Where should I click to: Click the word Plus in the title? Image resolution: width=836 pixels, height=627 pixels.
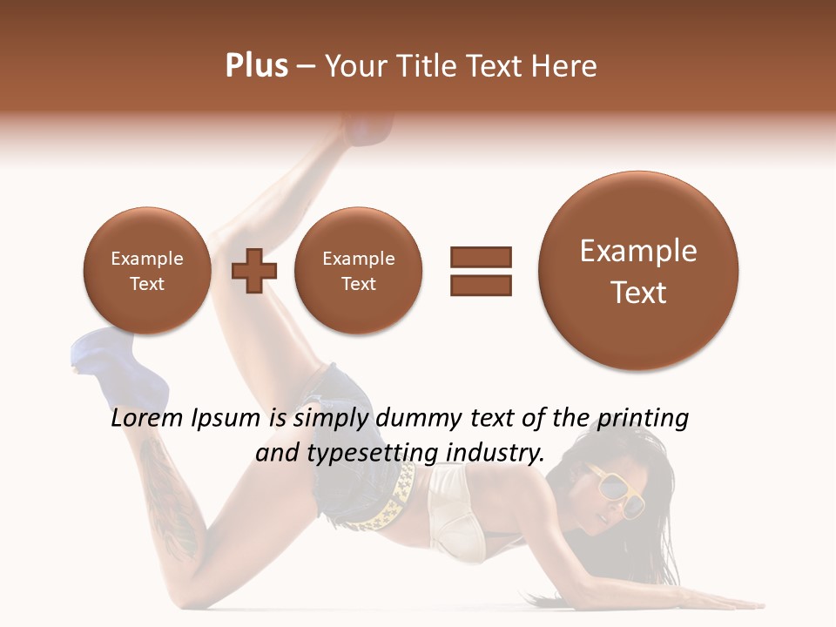(x=256, y=65)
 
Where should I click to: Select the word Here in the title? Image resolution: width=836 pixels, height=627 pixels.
(x=564, y=65)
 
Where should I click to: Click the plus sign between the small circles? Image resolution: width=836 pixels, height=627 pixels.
(x=253, y=270)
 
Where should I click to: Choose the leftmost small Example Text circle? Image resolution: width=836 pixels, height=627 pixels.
(x=146, y=270)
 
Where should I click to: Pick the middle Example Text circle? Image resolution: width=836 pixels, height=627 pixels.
(x=358, y=270)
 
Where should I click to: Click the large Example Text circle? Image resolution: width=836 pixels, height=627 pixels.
(x=638, y=271)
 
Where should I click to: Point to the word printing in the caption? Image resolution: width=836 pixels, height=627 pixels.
(x=642, y=419)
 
